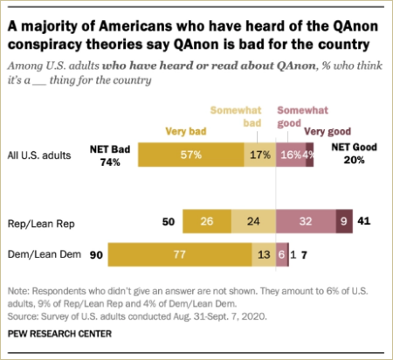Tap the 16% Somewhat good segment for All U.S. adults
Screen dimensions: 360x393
click(x=288, y=154)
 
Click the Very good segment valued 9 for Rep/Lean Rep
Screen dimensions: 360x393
click(x=343, y=222)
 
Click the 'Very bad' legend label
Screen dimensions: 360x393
click(x=185, y=132)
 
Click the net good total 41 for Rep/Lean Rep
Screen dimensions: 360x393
click(x=365, y=222)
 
